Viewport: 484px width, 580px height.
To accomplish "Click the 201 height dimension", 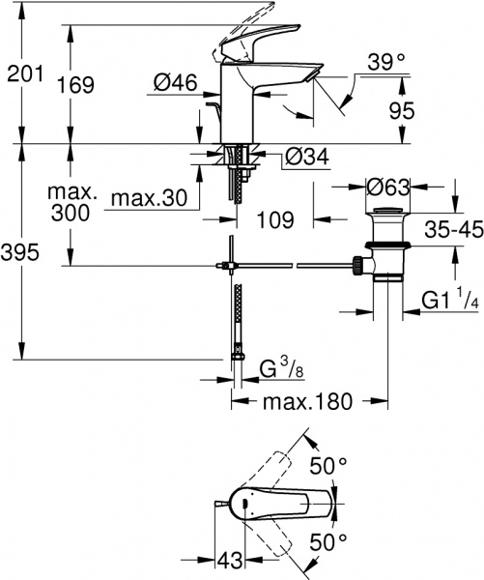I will (x=24, y=72).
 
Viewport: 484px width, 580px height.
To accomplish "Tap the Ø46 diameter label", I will (x=177, y=85).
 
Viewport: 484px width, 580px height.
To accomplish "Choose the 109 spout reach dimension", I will (x=276, y=220).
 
